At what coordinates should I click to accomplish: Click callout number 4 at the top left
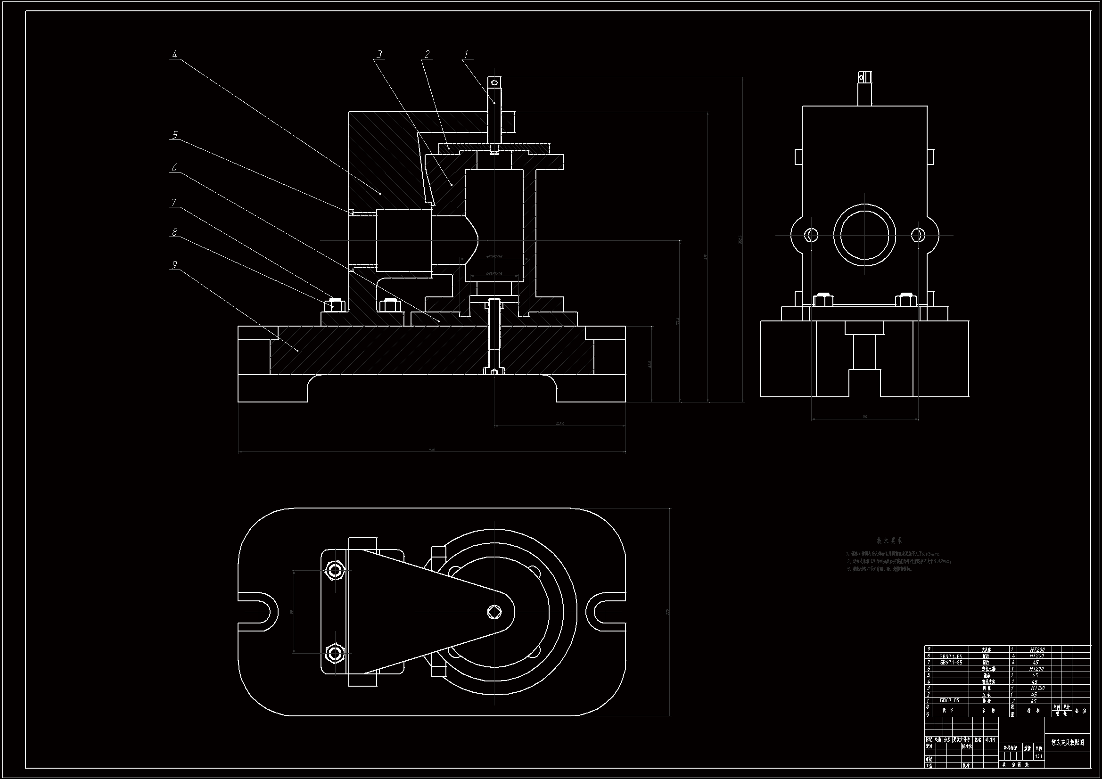174,55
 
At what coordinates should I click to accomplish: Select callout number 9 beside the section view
174,265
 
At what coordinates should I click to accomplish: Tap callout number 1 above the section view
466,55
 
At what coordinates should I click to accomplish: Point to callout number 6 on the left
174,167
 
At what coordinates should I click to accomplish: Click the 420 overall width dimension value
431,449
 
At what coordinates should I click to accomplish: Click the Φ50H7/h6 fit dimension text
494,257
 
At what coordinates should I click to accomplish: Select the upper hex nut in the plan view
335,571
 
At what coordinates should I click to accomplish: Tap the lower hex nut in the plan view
335,653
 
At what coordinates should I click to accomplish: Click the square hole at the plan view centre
494,612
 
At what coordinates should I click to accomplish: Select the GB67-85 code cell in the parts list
950,701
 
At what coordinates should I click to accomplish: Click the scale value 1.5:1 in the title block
1038,756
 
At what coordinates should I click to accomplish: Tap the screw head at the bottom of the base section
494,371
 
